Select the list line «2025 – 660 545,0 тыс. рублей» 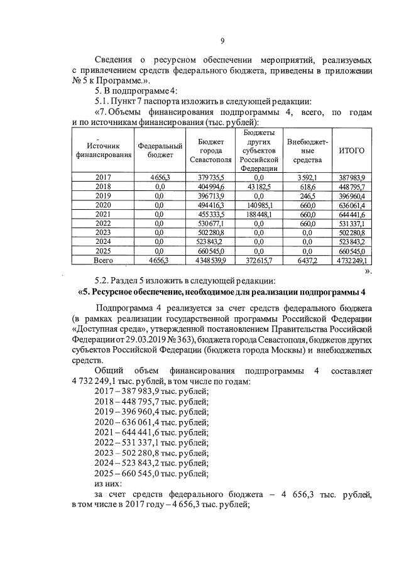point(151,473)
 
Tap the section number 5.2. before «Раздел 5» point(102,280)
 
